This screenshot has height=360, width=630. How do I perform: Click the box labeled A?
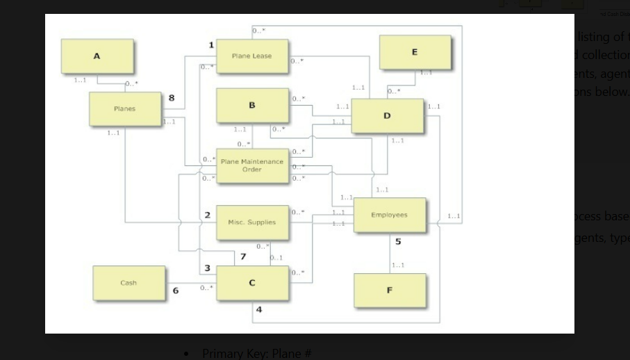97,56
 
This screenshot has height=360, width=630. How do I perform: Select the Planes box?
125,109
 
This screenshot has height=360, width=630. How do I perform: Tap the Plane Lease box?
252,56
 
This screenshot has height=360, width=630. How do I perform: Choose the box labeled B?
251,106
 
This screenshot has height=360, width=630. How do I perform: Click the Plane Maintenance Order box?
252,165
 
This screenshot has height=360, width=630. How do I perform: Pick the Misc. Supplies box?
251,222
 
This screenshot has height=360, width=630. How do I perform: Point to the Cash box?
129,283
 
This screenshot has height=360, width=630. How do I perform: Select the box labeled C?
251,283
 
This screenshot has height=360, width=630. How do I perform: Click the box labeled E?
415,53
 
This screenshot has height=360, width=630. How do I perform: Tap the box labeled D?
387,115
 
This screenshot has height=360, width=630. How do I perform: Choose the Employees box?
389,215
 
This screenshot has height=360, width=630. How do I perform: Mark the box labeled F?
389,291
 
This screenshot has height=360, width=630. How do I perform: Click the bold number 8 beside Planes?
172,98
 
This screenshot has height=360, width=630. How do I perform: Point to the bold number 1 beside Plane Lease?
211,45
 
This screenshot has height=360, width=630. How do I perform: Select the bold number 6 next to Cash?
176,291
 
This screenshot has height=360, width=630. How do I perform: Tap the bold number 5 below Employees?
398,242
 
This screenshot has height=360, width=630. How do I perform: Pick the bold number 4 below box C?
259,309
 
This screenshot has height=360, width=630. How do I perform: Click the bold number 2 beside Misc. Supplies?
207,215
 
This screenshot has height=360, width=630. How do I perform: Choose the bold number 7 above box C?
242,257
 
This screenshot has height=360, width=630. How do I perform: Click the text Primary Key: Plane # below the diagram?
257,354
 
